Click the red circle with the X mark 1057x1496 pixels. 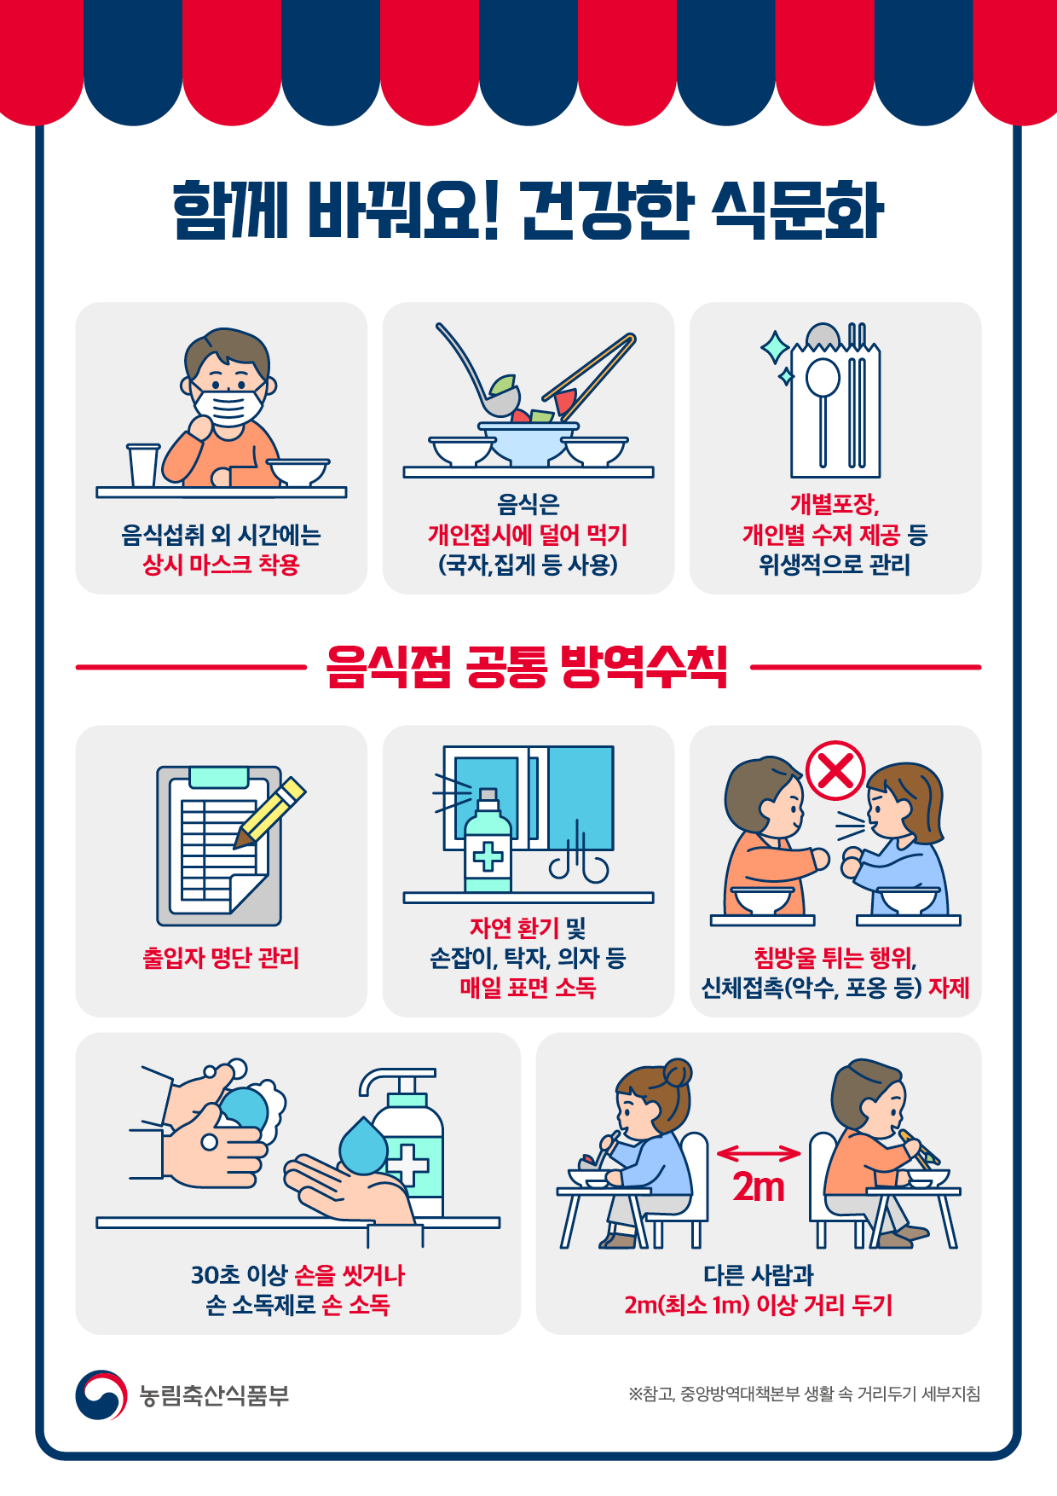click(835, 770)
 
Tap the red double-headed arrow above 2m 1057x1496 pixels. click(759, 1154)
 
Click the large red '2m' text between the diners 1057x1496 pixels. click(759, 1187)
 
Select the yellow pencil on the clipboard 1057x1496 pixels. click(270, 812)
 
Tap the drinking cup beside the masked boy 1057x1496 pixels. click(143, 465)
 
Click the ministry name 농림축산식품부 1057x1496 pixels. click(215, 1395)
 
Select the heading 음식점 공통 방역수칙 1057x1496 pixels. click(528, 667)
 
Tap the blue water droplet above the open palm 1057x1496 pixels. click(364, 1145)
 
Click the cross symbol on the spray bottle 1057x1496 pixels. click(488, 855)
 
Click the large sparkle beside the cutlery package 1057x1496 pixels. click(776, 348)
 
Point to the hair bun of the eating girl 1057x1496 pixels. click(679, 1072)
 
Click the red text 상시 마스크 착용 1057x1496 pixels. click(221, 565)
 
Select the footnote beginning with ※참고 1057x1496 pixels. click(805, 1394)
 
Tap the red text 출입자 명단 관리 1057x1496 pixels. click(221, 958)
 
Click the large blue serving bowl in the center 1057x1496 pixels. click(528, 443)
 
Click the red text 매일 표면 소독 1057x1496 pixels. click(528, 988)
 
